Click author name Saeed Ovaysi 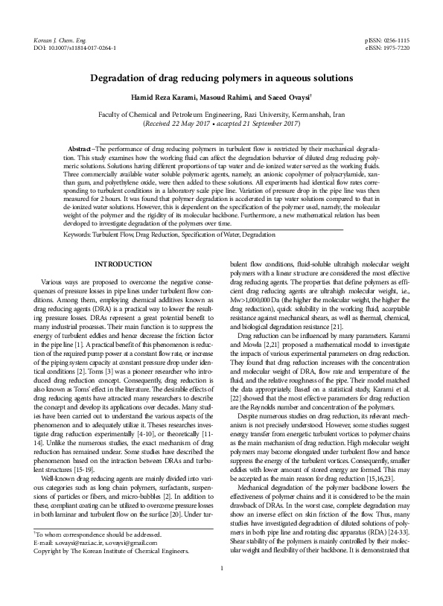[x=291, y=99]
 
